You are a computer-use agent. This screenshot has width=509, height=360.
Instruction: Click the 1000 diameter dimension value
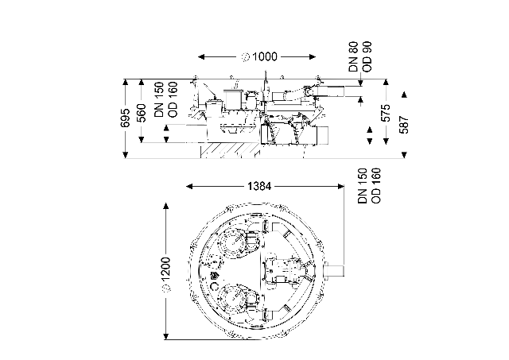click(265, 56)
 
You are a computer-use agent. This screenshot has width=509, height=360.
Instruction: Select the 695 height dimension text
click(126, 118)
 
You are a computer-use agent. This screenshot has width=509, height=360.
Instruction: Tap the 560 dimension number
click(142, 113)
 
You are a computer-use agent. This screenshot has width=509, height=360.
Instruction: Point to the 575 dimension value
click(386, 113)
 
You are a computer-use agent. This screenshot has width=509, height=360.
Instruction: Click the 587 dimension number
click(404, 125)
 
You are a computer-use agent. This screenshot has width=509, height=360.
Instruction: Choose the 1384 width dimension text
click(259, 187)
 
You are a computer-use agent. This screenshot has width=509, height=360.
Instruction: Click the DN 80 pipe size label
click(353, 56)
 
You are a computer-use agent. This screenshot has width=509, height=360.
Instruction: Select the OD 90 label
click(367, 56)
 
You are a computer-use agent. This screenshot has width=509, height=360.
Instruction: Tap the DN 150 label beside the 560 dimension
click(159, 100)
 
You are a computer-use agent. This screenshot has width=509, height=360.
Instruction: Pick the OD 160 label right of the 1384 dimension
click(376, 185)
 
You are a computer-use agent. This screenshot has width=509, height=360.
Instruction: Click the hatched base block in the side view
click(231, 150)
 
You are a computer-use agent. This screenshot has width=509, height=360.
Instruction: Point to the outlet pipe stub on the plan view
click(334, 270)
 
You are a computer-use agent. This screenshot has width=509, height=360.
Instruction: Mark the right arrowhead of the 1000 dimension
click(312, 57)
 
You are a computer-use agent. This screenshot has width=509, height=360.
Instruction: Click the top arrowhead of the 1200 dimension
click(166, 207)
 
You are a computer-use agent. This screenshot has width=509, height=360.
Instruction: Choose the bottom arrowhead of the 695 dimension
click(126, 154)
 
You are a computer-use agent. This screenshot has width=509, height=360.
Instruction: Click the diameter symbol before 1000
click(246, 57)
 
